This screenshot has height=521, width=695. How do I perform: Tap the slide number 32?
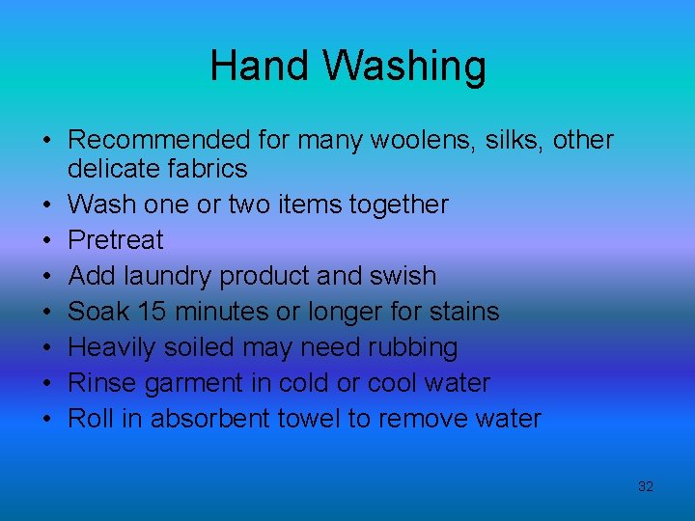point(646,486)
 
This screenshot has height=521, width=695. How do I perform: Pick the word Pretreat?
point(116,239)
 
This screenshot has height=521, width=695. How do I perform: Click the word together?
point(403,205)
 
